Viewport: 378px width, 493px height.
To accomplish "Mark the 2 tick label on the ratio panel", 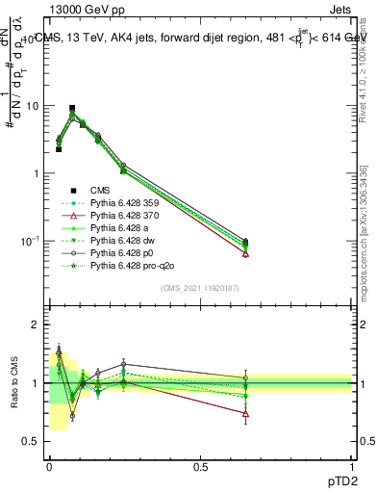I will [x=33, y=325].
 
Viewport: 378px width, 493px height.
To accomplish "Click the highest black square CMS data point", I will [x=72, y=109].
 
